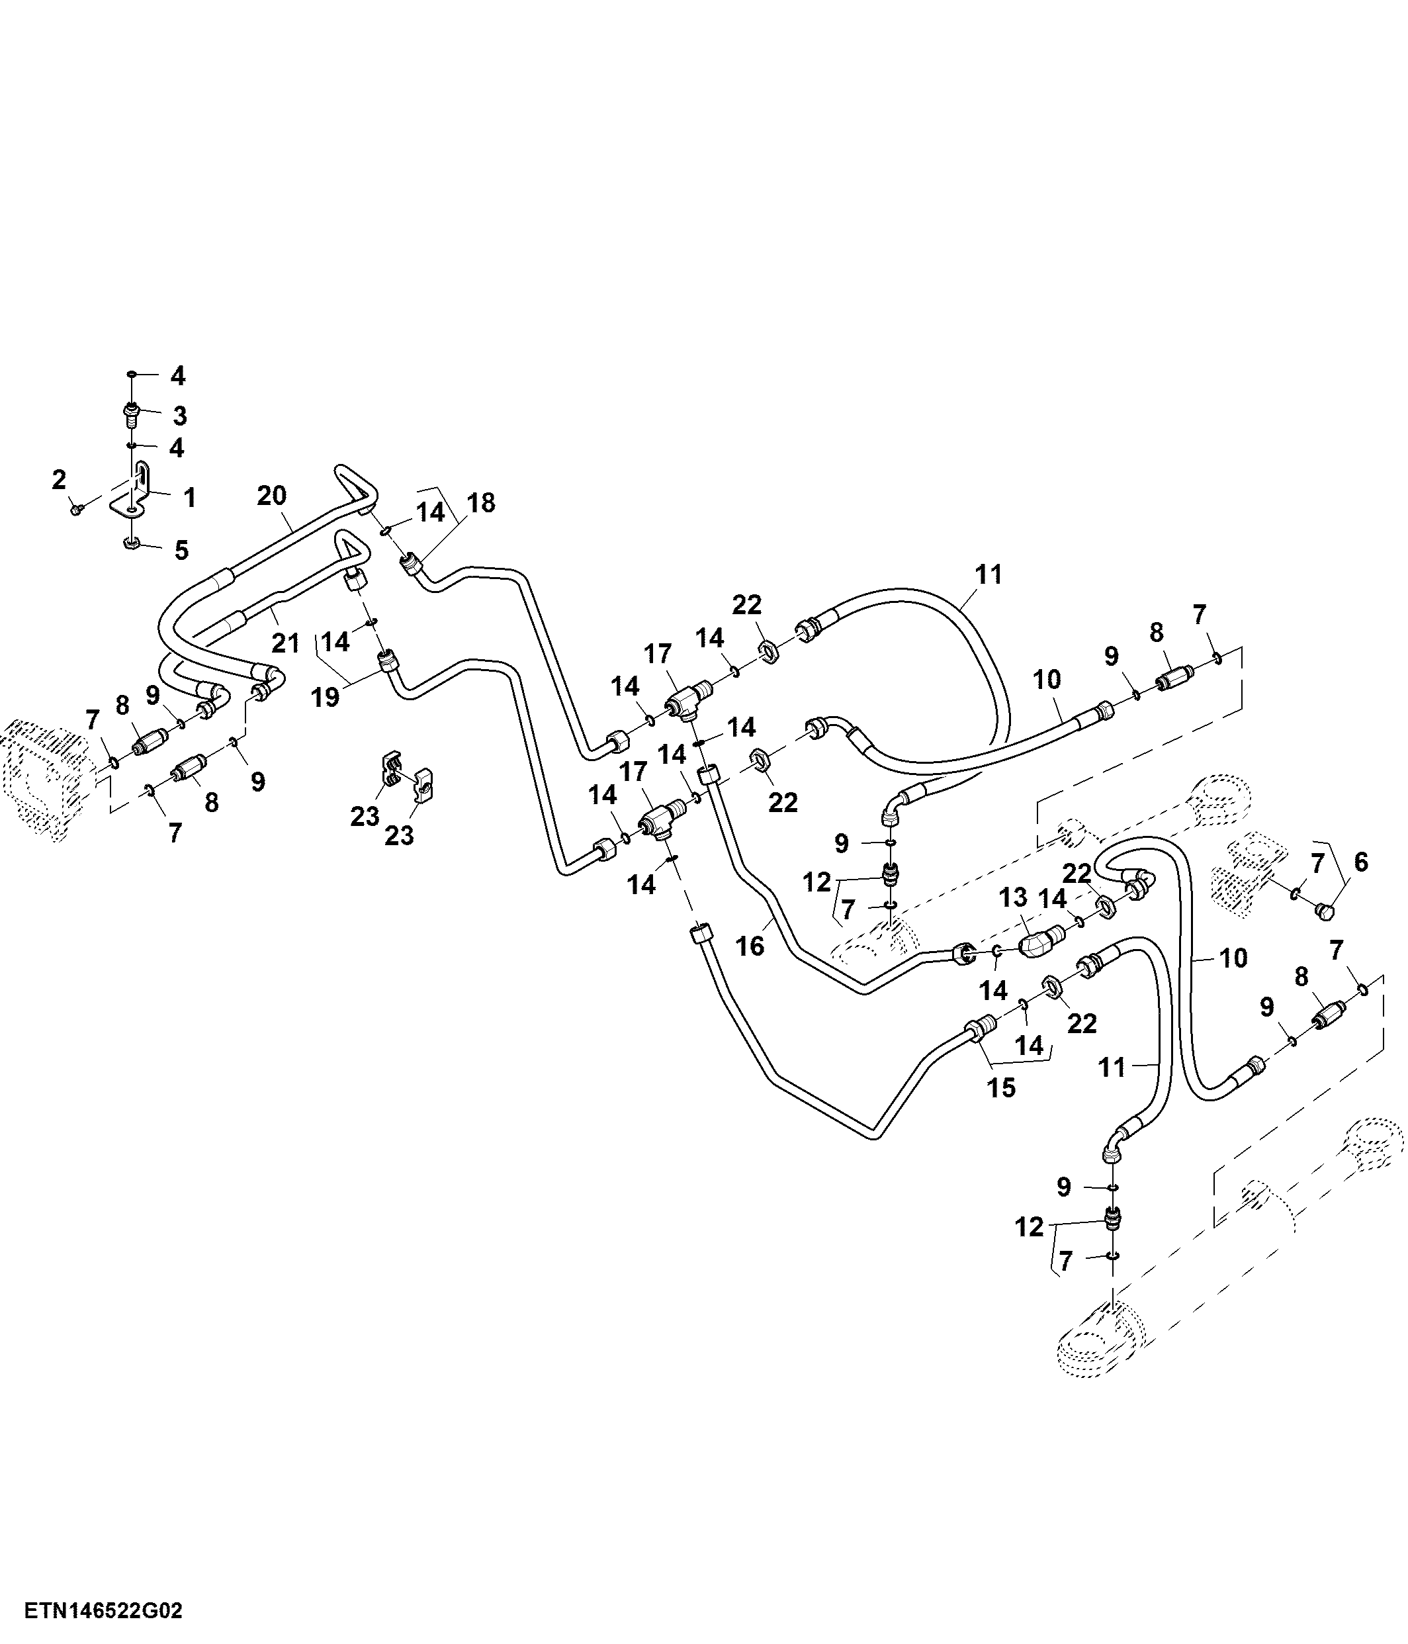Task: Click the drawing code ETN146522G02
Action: pyautogui.click(x=103, y=1611)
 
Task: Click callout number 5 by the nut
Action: pyautogui.click(x=182, y=550)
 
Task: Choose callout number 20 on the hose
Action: pyautogui.click(x=271, y=496)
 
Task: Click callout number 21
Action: pyautogui.click(x=286, y=642)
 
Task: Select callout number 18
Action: pyautogui.click(x=481, y=502)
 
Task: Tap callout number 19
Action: pyautogui.click(x=326, y=697)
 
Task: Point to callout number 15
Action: pyautogui.click(x=1001, y=1088)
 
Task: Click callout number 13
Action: pyautogui.click(x=1013, y=897)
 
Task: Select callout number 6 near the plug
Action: pyautogui.click(x=1361, y=862)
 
